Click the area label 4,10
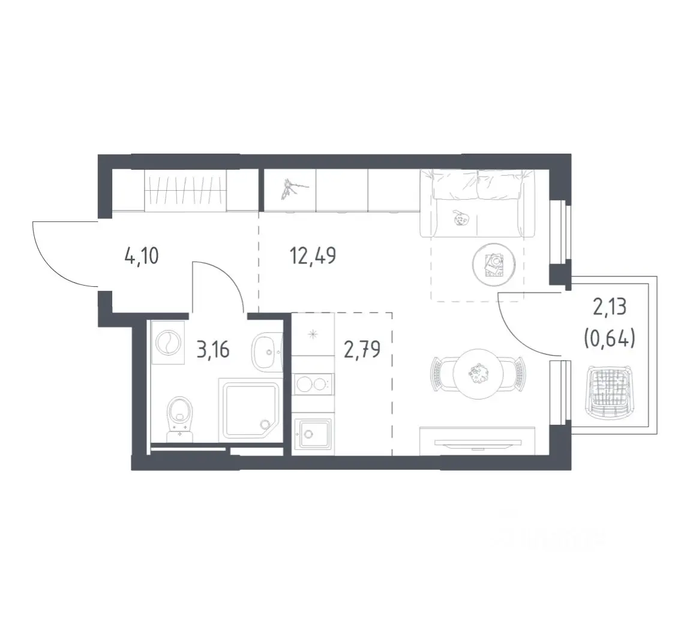(142, 256)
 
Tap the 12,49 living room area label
(313, 256)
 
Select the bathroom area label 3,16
(213, 350)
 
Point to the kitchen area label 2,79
(362, 350)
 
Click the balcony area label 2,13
(610, 307)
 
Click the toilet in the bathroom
(181, 418)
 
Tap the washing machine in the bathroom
(168, 343)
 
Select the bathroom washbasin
(267, 352)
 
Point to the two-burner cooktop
(313, 384)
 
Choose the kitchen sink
(312, 434)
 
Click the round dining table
(478, 374)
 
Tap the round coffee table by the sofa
(494, 265)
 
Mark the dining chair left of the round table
(442, 374)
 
